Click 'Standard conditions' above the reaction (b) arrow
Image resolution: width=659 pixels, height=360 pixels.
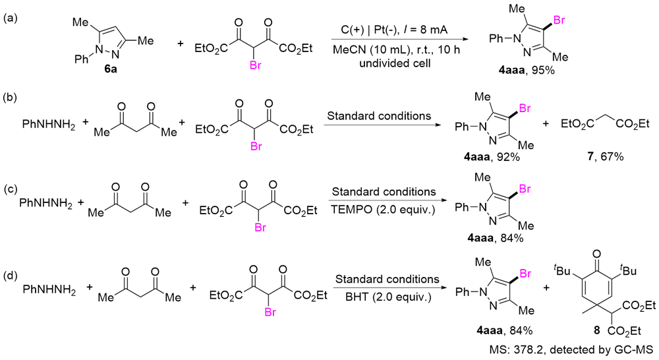(379, 116)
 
